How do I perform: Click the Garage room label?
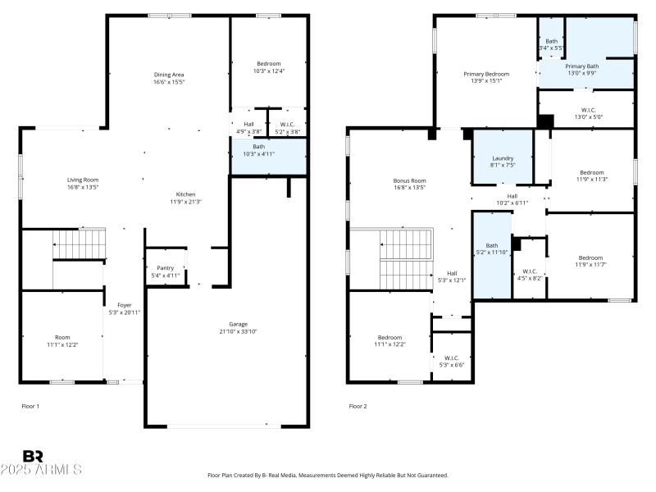(239, 324)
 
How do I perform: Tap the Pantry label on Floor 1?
(165, 268)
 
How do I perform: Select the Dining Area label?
(169, 75)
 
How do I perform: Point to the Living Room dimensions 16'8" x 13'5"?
(83, 187)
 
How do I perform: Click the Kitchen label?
(186, 194)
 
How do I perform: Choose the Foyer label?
(125, 305)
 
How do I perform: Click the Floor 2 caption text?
(358, 406)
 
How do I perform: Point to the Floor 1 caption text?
(30, 406)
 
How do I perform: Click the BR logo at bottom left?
(33, 456)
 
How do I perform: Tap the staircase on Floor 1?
(80, 244)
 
